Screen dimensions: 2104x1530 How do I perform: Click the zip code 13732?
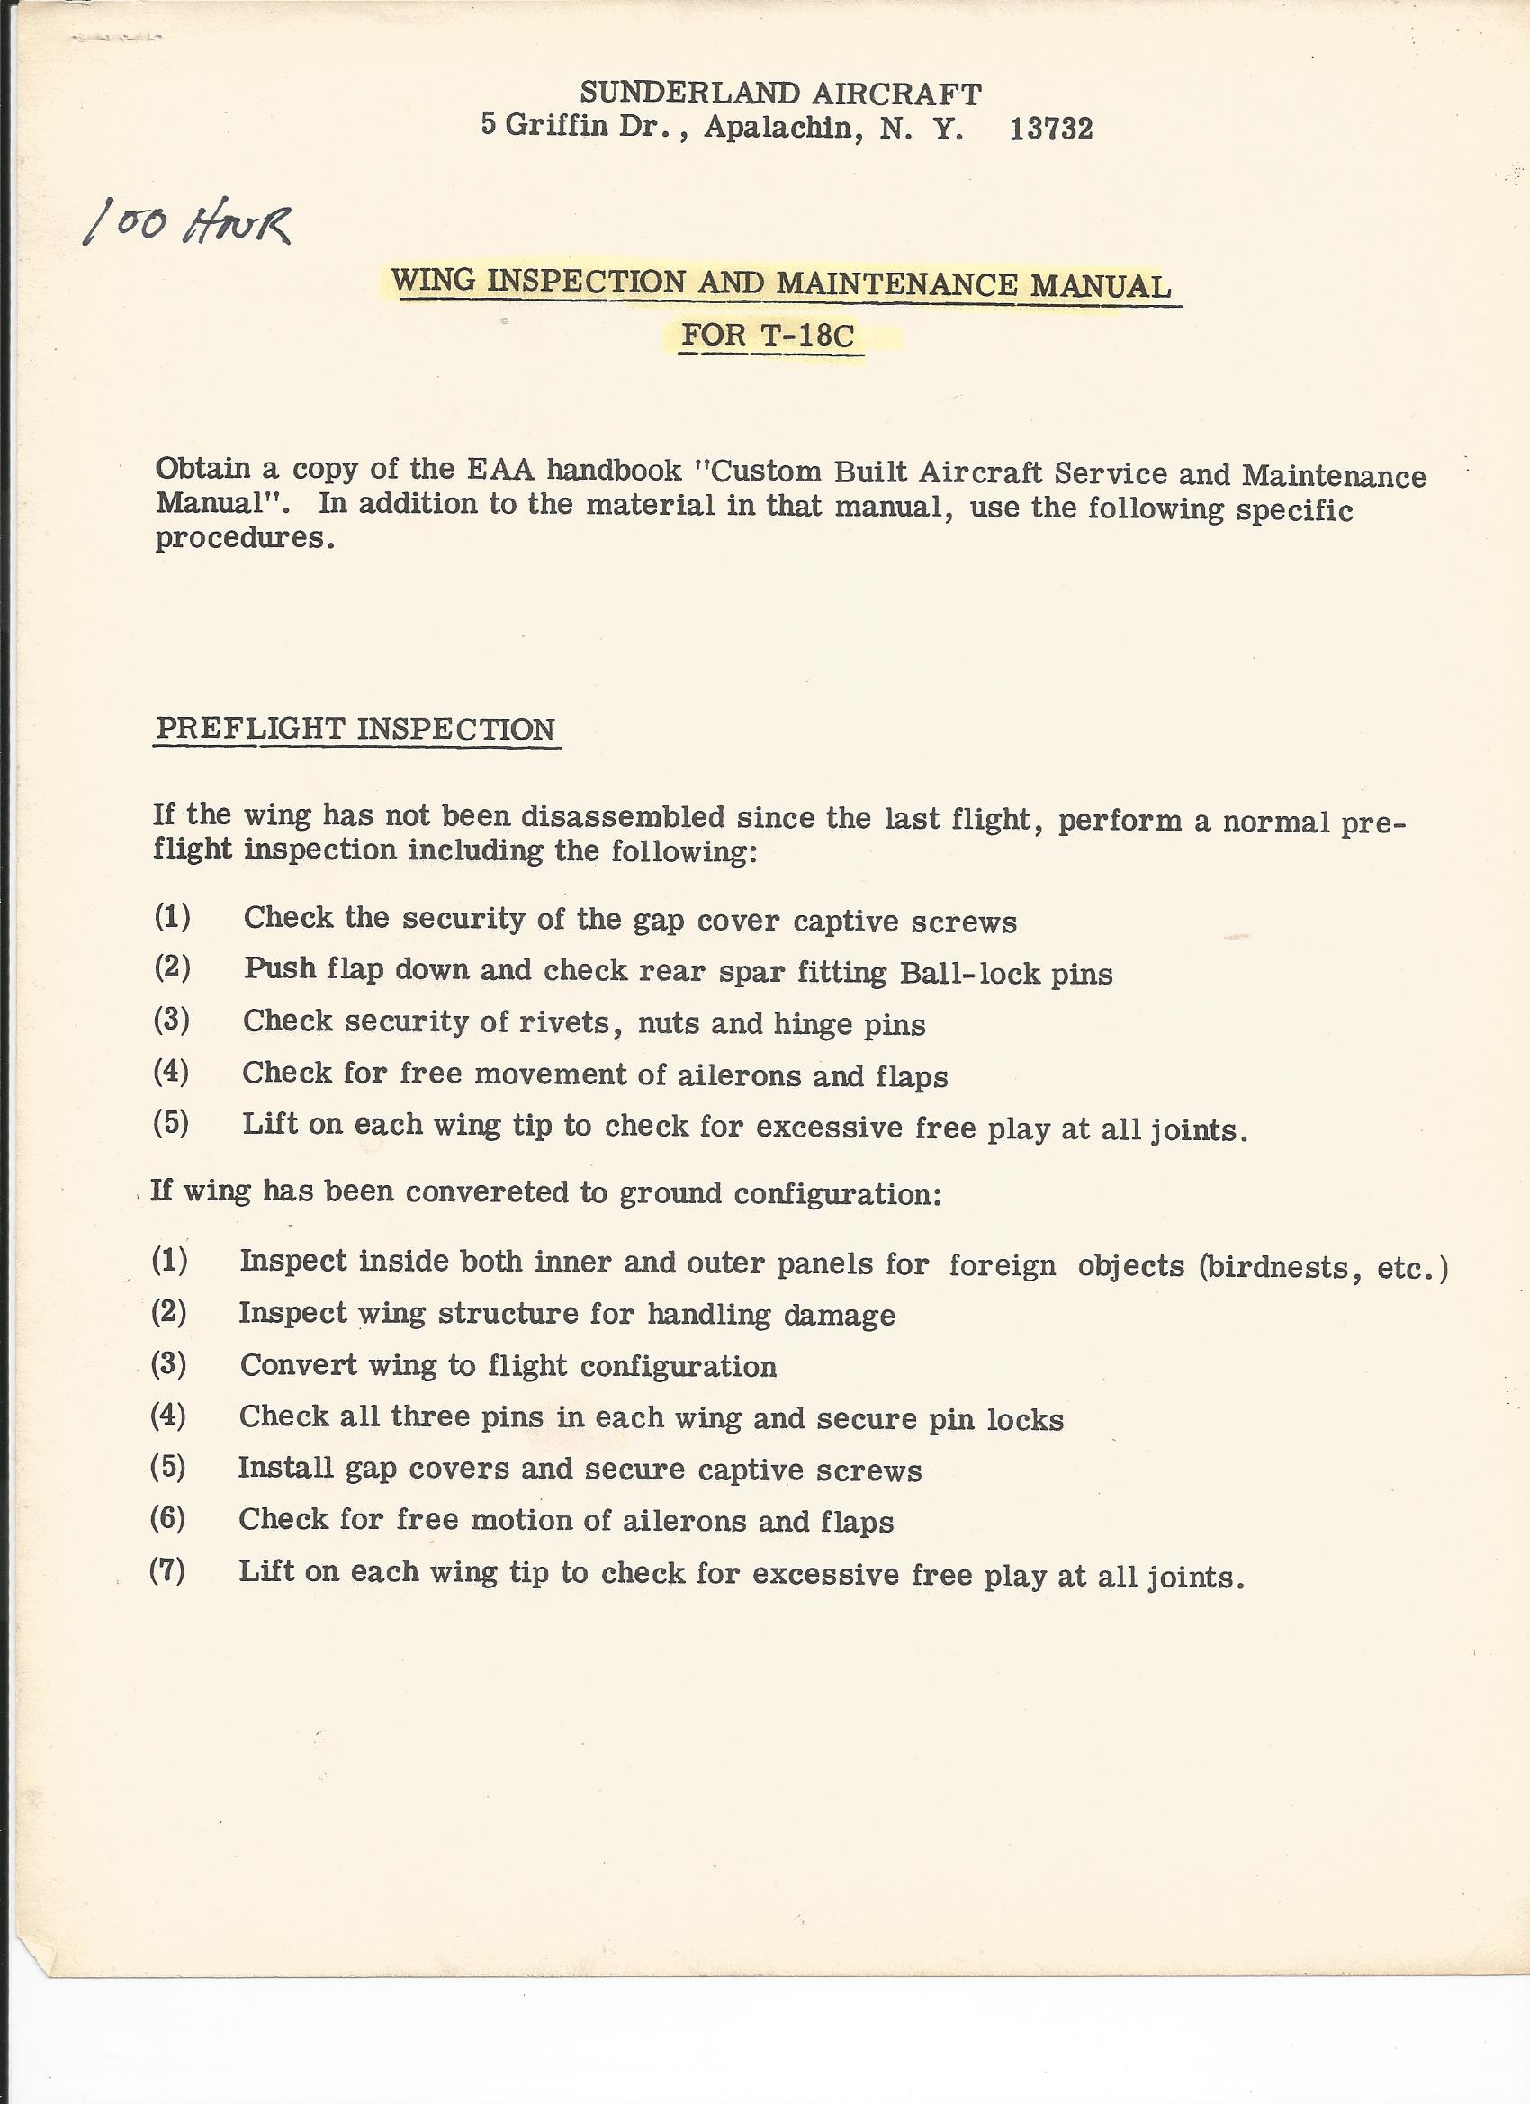(1050, 129)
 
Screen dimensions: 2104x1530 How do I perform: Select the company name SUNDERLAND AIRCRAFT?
(780, 94)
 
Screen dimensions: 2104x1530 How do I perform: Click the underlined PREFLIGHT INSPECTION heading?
(355, 729)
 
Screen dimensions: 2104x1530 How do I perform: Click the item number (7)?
(168, 1570)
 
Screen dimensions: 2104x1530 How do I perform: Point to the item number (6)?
(168, 1519)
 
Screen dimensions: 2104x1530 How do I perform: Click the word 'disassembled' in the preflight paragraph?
(623, 816)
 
